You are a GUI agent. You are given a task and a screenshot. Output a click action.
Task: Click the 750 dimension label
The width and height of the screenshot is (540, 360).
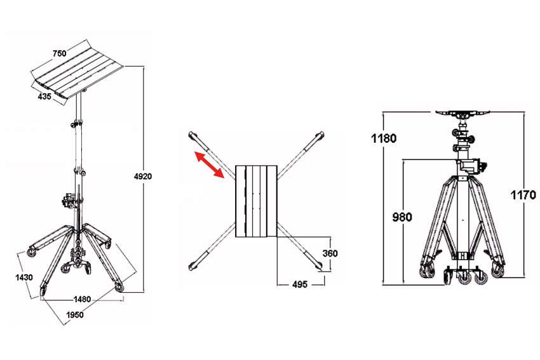(x=60, y=53)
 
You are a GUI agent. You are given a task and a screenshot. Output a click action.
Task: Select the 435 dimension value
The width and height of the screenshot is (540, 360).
(x=44, y=97)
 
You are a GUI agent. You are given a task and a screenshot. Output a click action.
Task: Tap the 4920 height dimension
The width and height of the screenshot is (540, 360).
(x=143, y=177)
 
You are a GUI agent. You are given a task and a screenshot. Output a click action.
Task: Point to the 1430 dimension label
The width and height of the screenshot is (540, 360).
(x=24, y=277)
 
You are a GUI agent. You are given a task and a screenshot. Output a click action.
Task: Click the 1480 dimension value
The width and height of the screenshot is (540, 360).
(x=83, y=299)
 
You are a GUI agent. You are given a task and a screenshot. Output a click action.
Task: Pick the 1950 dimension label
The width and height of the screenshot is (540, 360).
(x=75, y=314)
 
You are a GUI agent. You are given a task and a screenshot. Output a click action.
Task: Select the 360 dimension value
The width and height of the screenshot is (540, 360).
(x=330, y=253)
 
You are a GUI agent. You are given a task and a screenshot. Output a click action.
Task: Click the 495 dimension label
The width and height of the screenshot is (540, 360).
(x=300, y=284)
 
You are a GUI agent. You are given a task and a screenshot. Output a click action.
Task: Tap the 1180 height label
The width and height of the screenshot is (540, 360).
(x=384, y=138)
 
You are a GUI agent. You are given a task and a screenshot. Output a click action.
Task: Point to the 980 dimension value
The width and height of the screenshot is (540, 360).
(x=402, y=217)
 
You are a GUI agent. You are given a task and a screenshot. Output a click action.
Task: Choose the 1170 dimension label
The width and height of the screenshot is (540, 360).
(x=523, y=195)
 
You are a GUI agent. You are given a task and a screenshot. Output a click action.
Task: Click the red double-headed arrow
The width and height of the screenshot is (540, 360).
(x=210, y=164)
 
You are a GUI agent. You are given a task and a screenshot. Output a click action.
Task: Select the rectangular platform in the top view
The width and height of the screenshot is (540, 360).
(x=256, y=201)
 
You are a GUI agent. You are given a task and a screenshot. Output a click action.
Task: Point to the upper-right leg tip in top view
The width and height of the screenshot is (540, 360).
(x=321, y=135)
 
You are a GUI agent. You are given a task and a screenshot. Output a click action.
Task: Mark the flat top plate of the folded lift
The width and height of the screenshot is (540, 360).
(x=463, y=112)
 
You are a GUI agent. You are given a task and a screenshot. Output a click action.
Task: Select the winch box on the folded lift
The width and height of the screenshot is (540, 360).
(x=474, y=166)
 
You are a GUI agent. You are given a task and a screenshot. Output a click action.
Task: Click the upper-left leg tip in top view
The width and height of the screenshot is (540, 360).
(x=192, y=135)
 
